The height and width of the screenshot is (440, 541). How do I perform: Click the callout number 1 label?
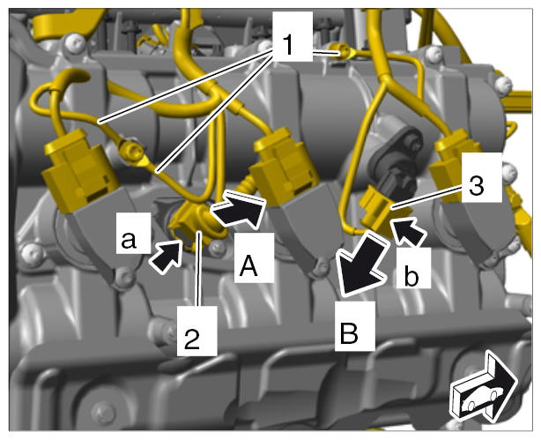(288, 46)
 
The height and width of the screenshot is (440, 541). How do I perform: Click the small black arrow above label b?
(408, 232)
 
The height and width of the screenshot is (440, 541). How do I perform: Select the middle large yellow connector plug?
(285, 168)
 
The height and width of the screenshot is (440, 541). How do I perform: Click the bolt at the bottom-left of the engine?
(103, 412)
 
